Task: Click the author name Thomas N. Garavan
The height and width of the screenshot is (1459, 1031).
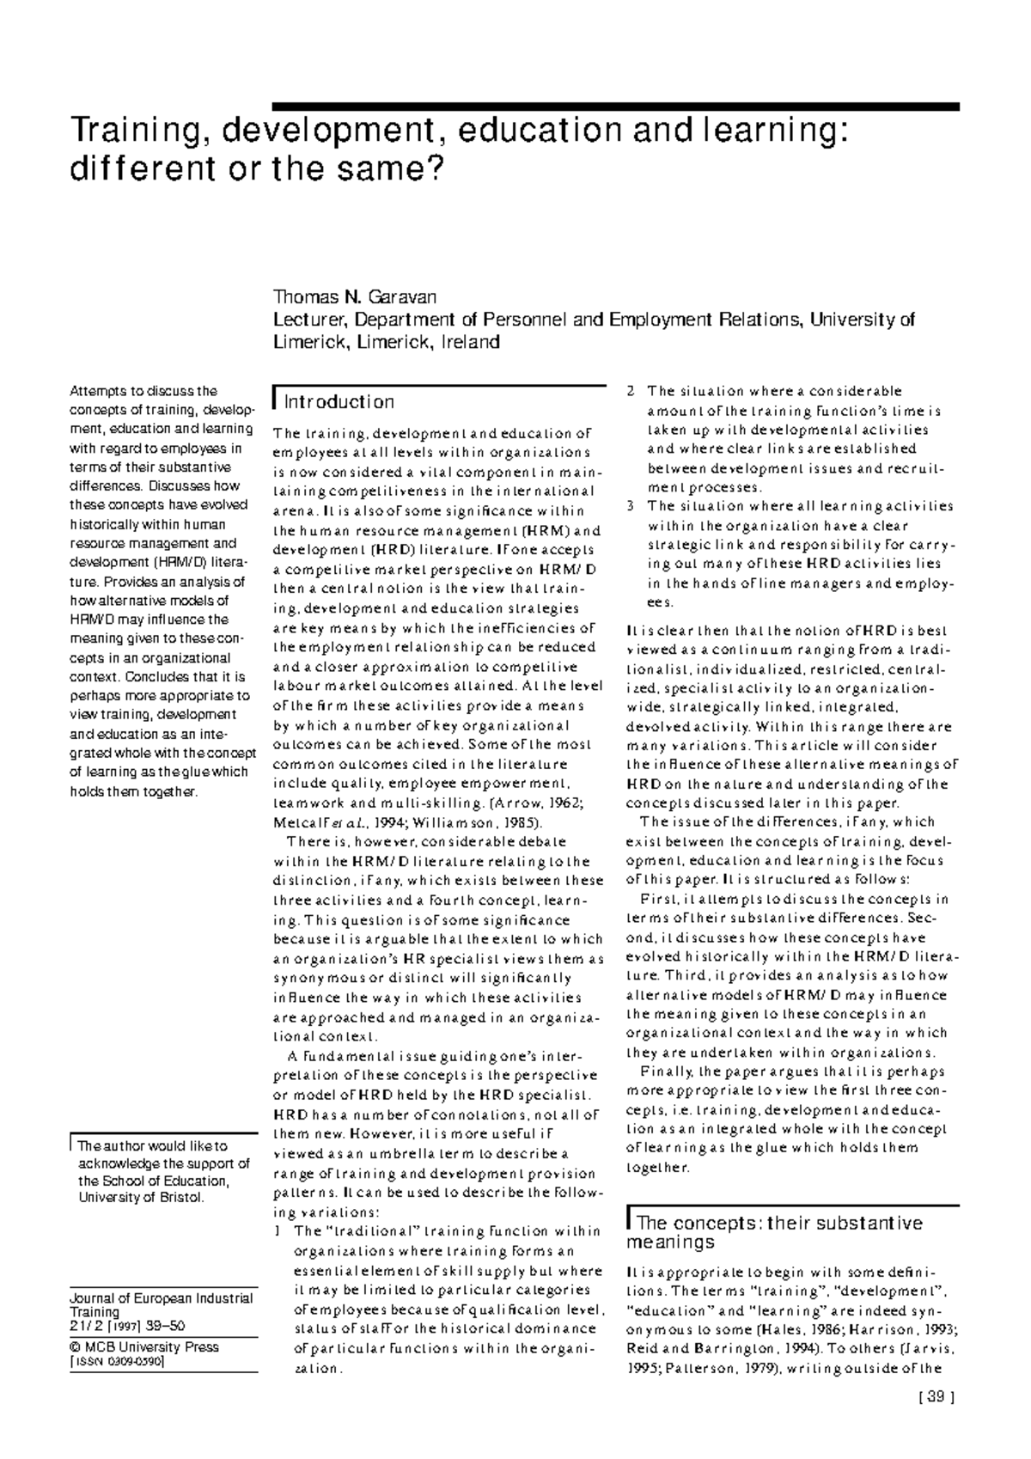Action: tap(355, 298)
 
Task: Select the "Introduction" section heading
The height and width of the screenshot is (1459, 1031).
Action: tap(339, 402)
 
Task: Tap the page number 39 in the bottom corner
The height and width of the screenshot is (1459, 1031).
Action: tap(936, 1397)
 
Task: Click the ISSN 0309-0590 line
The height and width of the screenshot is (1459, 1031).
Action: tap(118, 1362)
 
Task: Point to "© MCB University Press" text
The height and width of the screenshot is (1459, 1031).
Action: tap(144, 1347)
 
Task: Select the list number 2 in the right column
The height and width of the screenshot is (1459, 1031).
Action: tap(631, 392)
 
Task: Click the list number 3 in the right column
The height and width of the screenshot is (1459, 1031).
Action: tap(631, 506)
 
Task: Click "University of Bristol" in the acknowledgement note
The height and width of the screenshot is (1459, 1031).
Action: tap(141, 1198)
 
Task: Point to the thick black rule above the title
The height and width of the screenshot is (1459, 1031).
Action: tap(614, 107)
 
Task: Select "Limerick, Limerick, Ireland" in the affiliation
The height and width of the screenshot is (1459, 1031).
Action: tap(386, 342)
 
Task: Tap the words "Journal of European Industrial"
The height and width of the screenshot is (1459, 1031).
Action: tap(161, 1298)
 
